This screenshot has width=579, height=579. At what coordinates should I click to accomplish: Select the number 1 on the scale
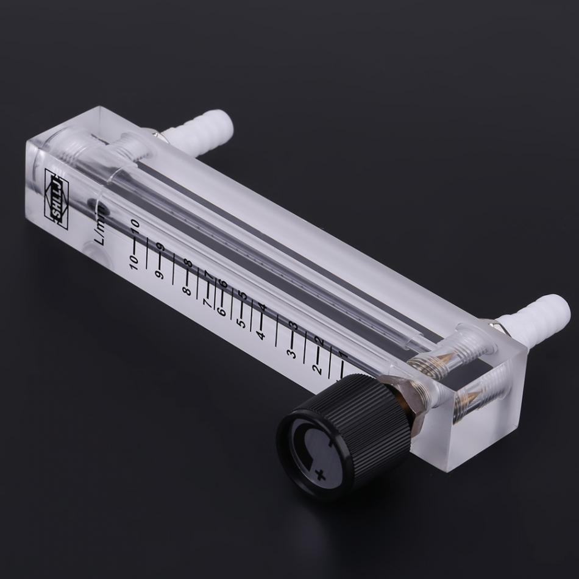pyautogui.click(x=343, y=355)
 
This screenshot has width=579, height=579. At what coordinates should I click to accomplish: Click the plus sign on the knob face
pyautogui.click(x=321, y=472)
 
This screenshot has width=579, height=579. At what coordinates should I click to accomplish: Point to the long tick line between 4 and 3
pyautogui.click(x=277, y=330)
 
